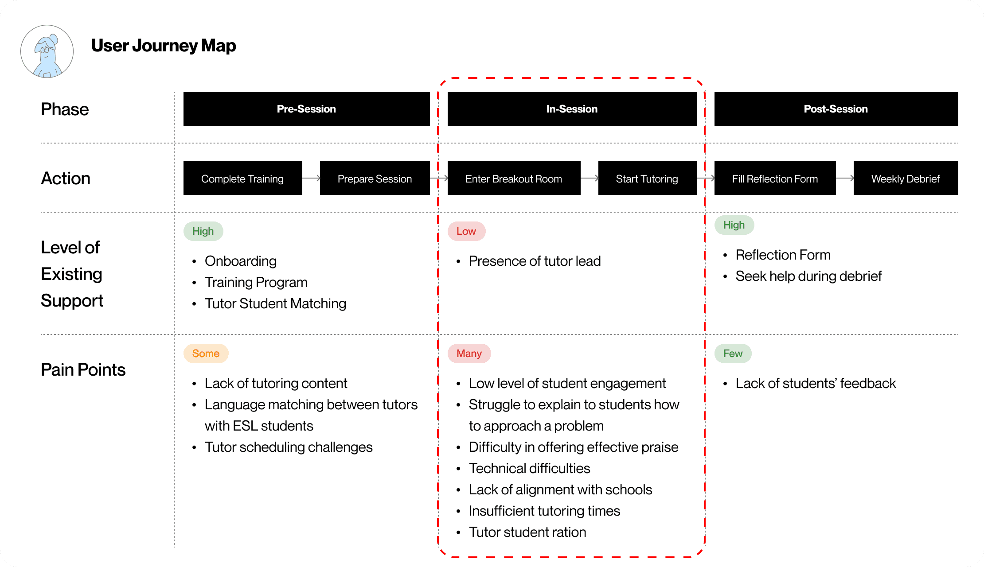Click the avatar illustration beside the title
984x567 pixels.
pyautogui.click(x=47, y=51)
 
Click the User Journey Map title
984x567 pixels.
pyautogui.click(x=164, y=46)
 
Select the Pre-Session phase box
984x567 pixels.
pyautogui.click(x=307, y=109)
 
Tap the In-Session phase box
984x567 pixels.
pyautogui.click(x=572, y=109)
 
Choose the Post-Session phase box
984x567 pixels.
pyautogui.click(x=836, y=109)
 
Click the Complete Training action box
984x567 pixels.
pyautogui.click(x=243, y=178)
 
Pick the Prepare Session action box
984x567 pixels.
pyautogui.click(x=375, y=178)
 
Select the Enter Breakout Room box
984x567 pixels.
pyautogui.click(x=514, y=178)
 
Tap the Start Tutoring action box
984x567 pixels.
pyautogui.click(x=648, y=178)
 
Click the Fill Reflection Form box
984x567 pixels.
pyautogui.click(x=775, y=178)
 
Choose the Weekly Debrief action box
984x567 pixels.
pyautogui.click(x=906, y=178)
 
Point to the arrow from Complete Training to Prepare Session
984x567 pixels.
pyautogui.click(x=311, y=178)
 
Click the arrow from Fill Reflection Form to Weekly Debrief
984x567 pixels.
pyautogui.click(x=845, y=178)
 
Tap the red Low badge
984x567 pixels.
pyautogui.click(x=467, y=231)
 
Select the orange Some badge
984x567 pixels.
pyautogui.click(x=206, y=353)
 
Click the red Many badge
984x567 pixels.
pyautogui.click(x=469, y=353)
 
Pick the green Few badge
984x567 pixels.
pyautogui.click(x=733, y=353)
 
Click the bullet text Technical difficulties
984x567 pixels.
pyautogui.click(x=530, y=468)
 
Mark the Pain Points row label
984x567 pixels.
pyautogui.click(x=83, y=369)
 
